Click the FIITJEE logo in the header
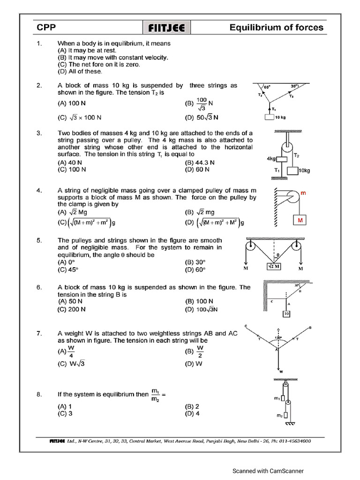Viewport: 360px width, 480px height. (x=166, y=28)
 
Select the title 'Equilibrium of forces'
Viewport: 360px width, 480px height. (x=276, y=27)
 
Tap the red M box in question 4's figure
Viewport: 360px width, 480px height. (x=300, y=220)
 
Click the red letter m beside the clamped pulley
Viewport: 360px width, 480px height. (x=303, y=193)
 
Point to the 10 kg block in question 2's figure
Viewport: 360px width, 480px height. (x=269, y=117)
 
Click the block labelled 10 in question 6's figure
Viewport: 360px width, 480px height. (x=286, y=314)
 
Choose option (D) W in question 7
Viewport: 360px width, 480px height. (x=196, y=363)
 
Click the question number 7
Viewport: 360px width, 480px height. (x=40, y=333)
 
